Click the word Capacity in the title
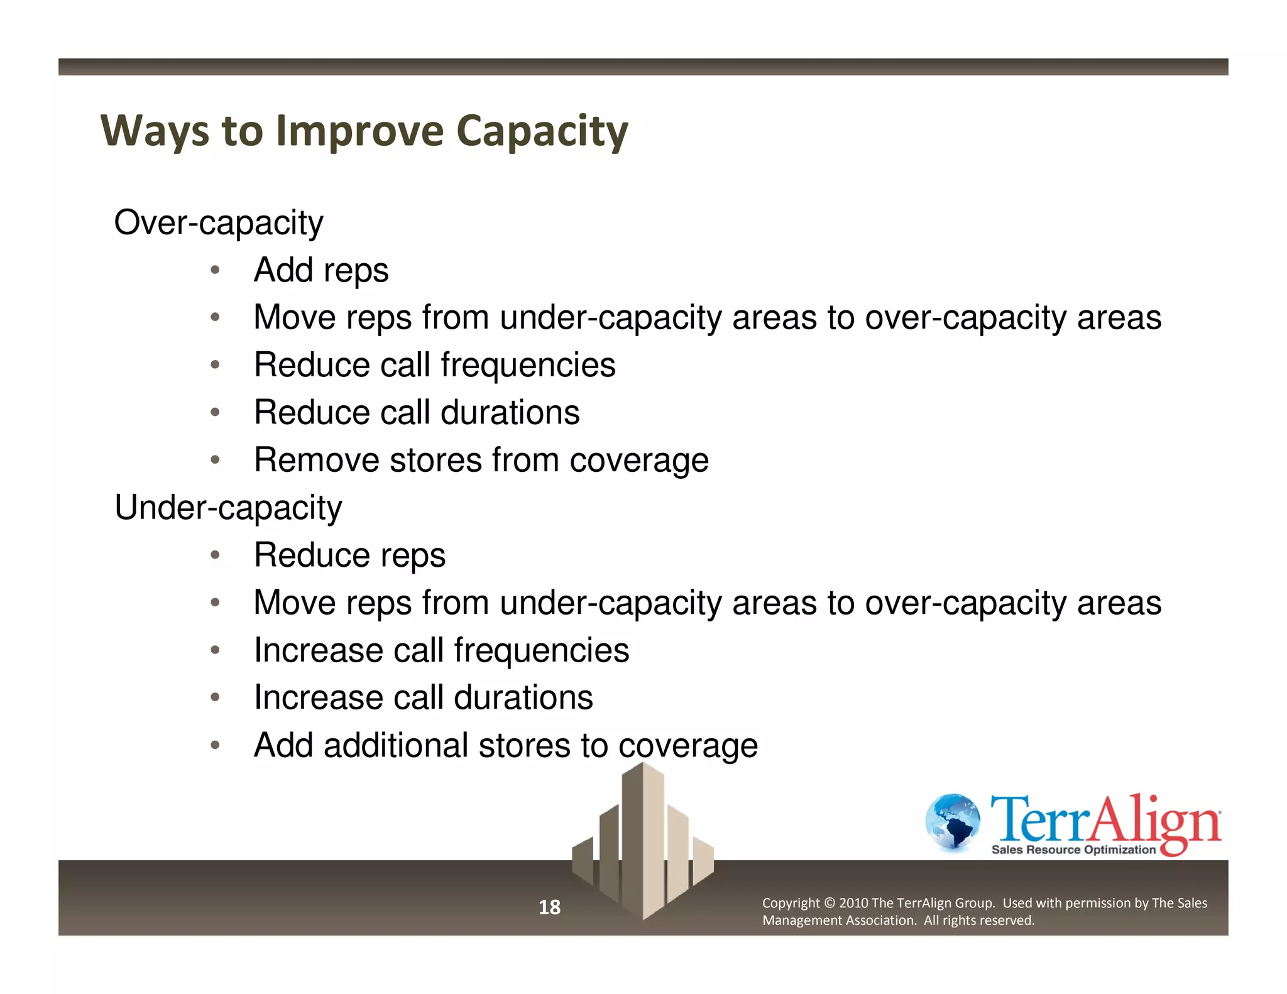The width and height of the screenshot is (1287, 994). [542, 131]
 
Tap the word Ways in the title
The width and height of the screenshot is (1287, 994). [155, 131]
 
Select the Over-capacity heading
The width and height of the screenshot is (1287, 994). [218, 222]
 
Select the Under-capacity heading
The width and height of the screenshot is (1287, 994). [227, 508]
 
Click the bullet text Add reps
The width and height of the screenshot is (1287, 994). [321, 270]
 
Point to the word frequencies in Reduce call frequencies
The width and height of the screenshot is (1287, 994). [528, 365]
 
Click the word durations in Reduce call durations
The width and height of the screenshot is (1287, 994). [510, 413]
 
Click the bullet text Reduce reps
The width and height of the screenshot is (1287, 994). [349, 555]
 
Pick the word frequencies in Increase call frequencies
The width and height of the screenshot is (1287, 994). [541, 650]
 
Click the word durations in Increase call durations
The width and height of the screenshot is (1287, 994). [523, 698]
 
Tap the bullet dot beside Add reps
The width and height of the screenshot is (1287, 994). [215, 270]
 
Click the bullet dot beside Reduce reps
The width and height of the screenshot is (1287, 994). [215, 555]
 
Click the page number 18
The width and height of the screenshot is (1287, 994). [549, 907]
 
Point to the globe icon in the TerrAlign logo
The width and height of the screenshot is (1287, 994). [953, 822]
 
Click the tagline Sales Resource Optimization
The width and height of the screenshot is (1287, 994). [1073, 850]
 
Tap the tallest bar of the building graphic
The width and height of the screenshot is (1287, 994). [643, 842]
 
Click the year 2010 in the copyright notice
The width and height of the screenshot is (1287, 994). [853, 904]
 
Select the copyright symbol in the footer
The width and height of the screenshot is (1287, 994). [829, 904]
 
